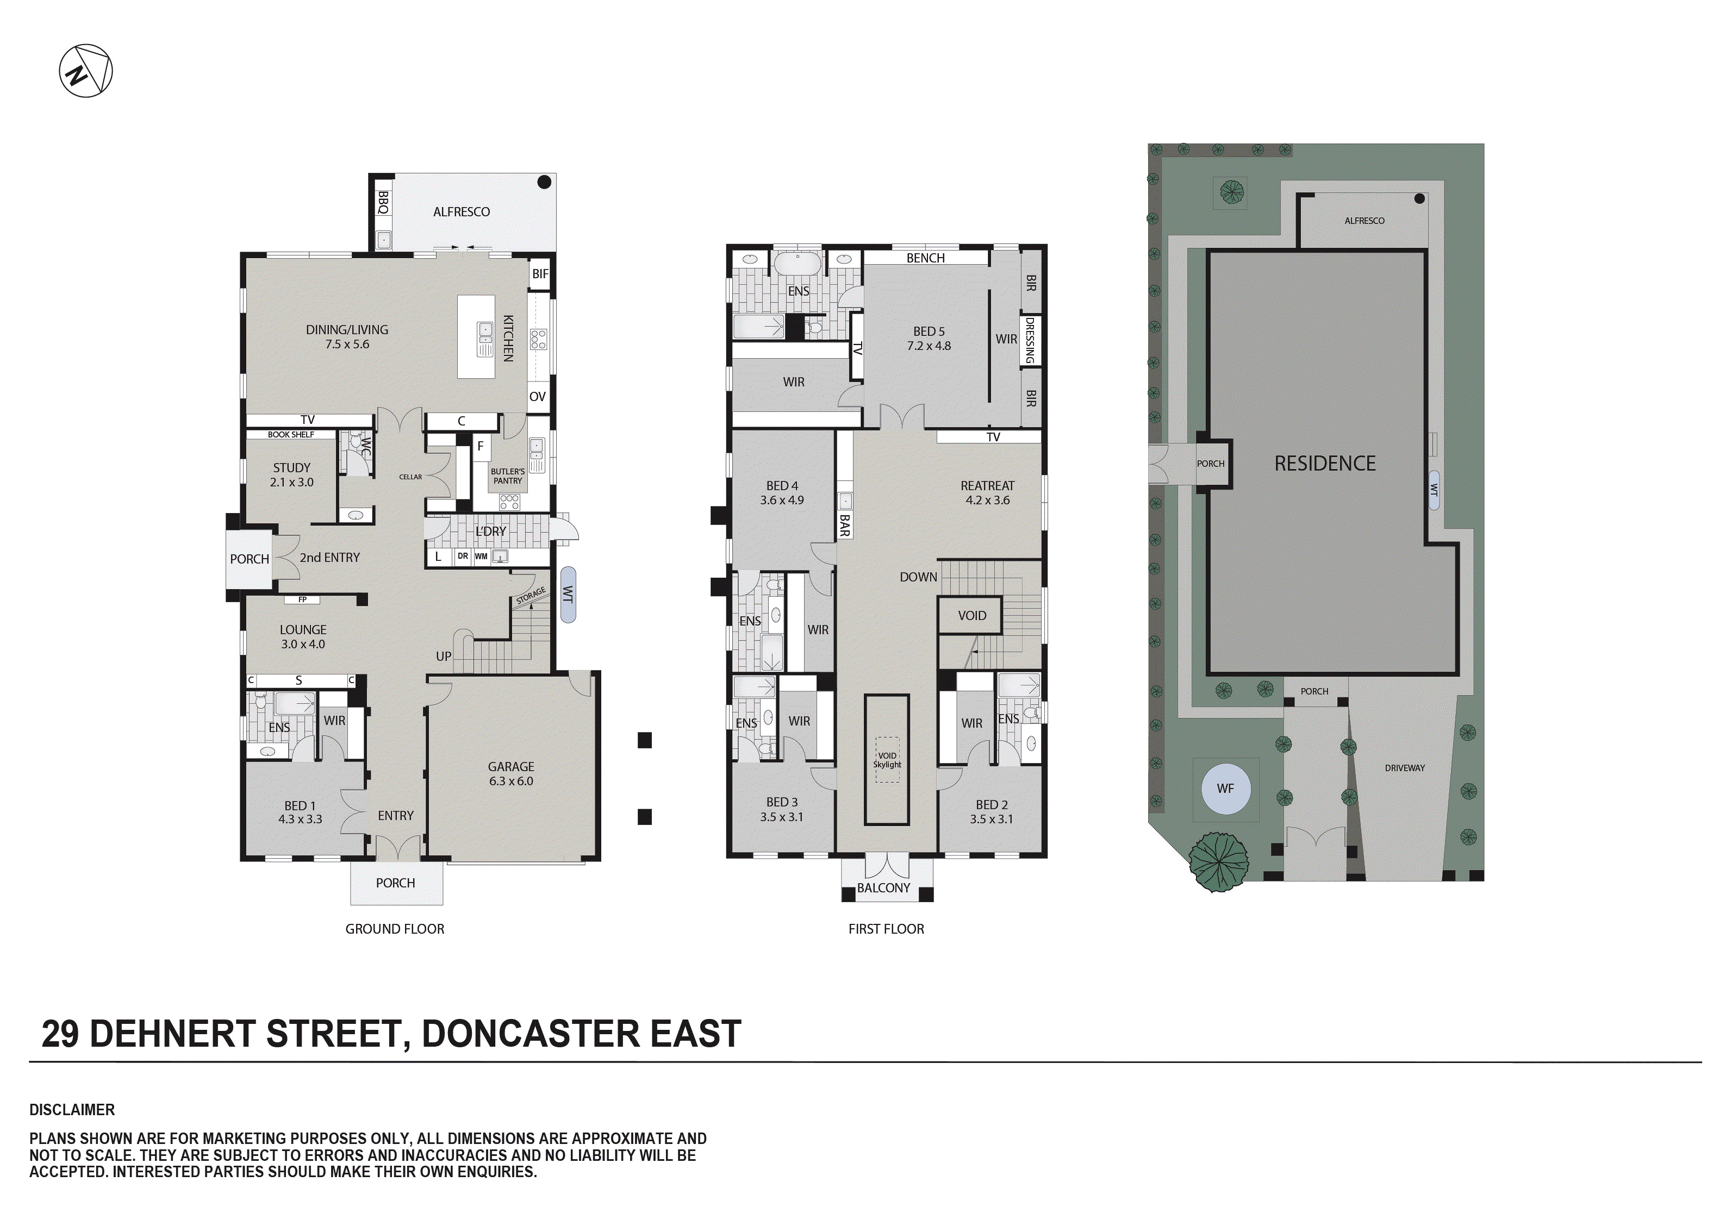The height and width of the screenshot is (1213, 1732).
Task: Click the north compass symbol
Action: [x=86, y=71]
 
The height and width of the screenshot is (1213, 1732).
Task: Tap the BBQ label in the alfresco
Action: [x=383, y=202]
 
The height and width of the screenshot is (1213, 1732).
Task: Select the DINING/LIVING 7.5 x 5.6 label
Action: [x=347, y=336]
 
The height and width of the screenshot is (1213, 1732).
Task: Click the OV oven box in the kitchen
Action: [x=537, y=397]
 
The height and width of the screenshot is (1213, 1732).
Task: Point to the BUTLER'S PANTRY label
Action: [x=508, y=476]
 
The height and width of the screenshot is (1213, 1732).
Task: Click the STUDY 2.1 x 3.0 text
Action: [x=292, y=474]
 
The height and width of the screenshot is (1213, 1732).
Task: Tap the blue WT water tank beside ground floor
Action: [x=568, y=595]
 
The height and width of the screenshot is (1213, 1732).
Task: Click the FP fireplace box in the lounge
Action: [x=302, y=600]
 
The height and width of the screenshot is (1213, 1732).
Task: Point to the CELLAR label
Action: [x=410, y=477]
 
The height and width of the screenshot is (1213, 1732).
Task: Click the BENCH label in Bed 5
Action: [x=926, y=258]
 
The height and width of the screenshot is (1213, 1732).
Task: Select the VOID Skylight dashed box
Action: [x=887, y=760]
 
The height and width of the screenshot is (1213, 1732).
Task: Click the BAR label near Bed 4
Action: [x=845, y=525]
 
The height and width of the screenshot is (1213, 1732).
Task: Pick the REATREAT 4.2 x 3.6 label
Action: [x=987, y=492]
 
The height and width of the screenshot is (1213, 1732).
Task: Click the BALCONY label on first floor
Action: [x=883, y=888]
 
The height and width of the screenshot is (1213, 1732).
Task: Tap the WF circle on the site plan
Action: [x=1225, y=789]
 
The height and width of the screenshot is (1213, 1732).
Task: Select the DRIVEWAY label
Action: [x=1405, y=768]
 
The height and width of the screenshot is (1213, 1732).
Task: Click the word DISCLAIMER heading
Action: [x=72, y=1110]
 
